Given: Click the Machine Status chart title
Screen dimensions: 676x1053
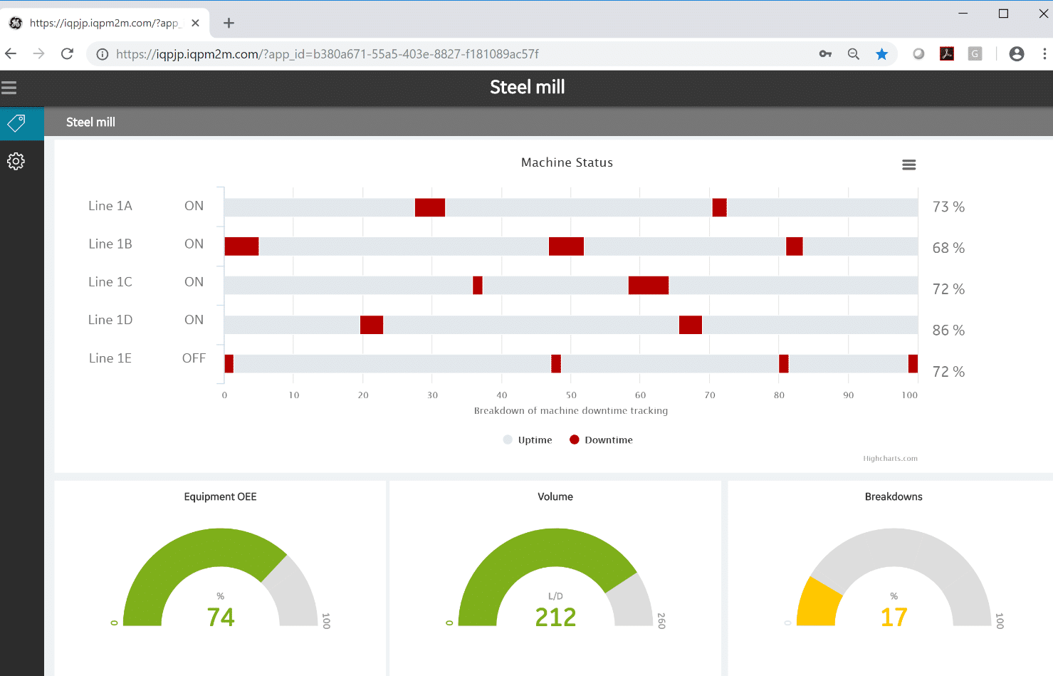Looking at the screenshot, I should [x=567, y=162].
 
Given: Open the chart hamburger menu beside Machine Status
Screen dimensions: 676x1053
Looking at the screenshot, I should [x=908, y=165].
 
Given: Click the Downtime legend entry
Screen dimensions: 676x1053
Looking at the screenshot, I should [x=602, y=440].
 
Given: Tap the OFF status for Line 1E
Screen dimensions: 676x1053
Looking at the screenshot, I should [x=194, y=358].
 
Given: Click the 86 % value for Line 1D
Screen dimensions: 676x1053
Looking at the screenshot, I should [x=948, y=331].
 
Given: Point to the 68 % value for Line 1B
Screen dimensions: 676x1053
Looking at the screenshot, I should [x=948, y=248].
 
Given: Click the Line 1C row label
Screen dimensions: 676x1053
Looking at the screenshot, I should [x=110, y=282].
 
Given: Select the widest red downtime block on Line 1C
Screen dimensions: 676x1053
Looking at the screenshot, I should [x=648, y=285].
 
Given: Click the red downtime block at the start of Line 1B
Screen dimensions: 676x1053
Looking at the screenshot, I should [x=241, y=246].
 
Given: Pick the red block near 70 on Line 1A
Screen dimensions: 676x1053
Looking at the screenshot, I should [x=719, y=207].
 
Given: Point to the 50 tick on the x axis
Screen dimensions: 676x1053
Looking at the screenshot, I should [x=571, y=395].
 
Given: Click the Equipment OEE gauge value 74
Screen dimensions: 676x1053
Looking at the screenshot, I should [x=221, y=617].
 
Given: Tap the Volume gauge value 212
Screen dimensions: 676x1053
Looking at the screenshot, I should [x=555, y=617].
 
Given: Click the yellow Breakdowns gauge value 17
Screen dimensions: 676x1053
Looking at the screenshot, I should [x=894, y=617].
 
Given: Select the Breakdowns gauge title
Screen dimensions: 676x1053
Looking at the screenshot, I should [x=894, y=497].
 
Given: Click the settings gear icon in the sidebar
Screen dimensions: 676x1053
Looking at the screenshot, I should [x=16, y=161].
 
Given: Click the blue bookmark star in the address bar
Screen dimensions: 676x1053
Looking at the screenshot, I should [x=881, y=54].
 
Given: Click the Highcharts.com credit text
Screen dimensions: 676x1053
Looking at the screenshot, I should [x=890, y=459].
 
